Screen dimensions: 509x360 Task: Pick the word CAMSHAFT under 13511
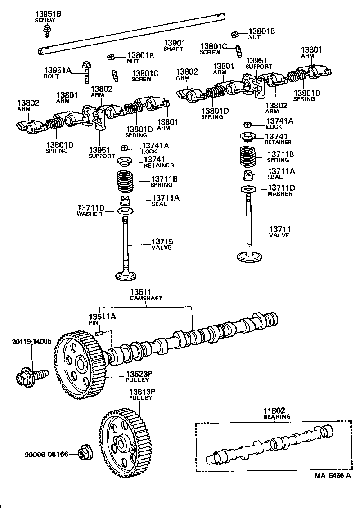(x=146, y=298)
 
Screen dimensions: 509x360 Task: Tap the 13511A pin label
(x=102, y=317)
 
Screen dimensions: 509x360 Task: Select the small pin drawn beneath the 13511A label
(x=101, y=333)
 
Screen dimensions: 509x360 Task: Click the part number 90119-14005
(x=32, y=342)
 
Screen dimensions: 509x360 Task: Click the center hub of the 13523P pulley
(x=81, y=363)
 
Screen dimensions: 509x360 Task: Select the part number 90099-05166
(x=46, y=455)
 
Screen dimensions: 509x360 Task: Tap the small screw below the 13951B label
(x=47, y=30)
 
